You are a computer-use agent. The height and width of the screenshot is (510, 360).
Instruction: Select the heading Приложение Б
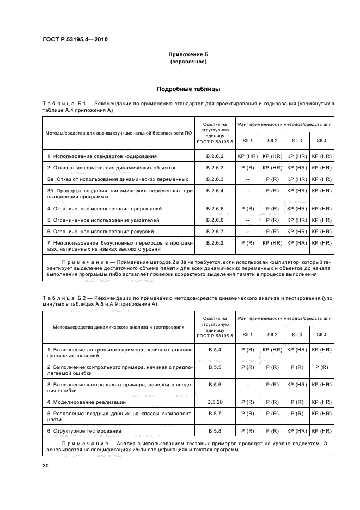click(188, 56)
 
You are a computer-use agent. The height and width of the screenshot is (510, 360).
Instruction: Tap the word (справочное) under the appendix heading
click(188, 62)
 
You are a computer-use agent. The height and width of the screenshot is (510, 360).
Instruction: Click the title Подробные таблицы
click(188, 89)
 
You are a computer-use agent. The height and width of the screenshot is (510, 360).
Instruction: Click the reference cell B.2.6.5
click(215, 209)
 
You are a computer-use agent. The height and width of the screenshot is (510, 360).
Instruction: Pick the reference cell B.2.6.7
click(215, 232)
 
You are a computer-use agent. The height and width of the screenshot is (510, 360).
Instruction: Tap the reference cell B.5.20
click(215, 402)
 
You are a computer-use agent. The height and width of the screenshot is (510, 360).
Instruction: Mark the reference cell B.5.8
click(215, 430)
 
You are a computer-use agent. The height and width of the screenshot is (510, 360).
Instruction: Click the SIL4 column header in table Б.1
click(321, 141)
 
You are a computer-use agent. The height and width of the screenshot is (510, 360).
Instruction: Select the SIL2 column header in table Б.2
click(272, 334)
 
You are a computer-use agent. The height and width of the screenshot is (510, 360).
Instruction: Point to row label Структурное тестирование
click(83, 430)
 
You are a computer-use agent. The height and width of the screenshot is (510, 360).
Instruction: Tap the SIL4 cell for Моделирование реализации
click(321, 402)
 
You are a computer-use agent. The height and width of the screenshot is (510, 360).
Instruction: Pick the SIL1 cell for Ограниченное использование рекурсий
click(247, 232)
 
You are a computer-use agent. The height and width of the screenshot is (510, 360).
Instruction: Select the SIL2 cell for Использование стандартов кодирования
click(272, 156)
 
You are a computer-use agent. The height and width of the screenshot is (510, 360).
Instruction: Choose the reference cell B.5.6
click(215, 384)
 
